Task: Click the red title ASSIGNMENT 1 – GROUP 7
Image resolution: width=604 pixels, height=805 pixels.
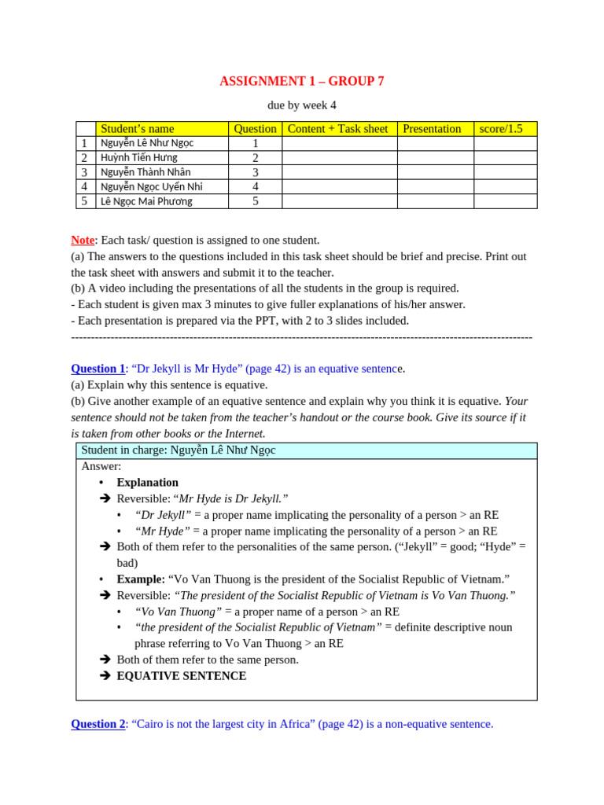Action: pos(302,82)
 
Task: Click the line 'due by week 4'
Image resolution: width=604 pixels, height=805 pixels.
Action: pos(302,105)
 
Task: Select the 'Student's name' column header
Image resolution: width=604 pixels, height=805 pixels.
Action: pos(138,129)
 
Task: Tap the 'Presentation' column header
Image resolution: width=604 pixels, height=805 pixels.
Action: pos(431,129)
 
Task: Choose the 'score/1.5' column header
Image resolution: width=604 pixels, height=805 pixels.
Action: pos(501,129)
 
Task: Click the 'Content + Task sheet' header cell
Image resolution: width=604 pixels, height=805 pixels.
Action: pos(338,129)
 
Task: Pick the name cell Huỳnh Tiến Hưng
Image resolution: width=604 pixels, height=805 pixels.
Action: pos(139,158)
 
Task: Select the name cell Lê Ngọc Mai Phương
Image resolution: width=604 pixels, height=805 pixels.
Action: pos(146,201)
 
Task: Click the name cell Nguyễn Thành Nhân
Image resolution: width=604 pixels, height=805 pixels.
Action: pos(145,172)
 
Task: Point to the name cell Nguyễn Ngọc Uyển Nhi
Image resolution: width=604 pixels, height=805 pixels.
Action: pos(152,187)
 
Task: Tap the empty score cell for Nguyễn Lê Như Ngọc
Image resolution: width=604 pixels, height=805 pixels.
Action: pos(505,143)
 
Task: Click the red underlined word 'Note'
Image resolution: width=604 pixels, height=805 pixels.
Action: pos(83,241)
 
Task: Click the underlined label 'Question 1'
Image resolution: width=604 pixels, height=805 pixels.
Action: pos(98,369)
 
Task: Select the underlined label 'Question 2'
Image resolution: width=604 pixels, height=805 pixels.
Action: pos(98,724)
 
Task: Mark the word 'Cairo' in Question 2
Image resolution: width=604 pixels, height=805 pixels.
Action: pos(153,724)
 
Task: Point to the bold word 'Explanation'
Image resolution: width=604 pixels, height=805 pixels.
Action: pos(148,483)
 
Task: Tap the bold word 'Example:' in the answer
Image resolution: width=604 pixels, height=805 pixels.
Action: pos(141,579)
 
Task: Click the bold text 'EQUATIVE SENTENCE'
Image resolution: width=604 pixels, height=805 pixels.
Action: pos(182,676)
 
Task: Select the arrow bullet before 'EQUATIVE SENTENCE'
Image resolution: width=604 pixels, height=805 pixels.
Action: pos(105,676)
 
